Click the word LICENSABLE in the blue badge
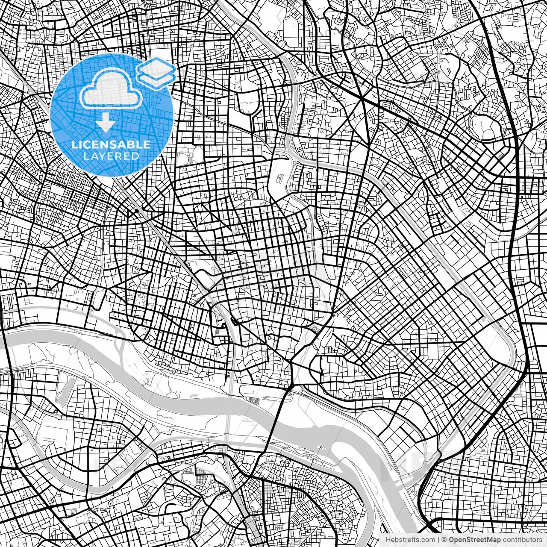(111, 144)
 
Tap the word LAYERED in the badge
(111, 156)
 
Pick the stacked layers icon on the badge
(156, 72)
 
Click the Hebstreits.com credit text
(410, 540)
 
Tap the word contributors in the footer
(522, 540)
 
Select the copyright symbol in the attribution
(444, 540)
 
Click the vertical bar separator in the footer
(438, 540)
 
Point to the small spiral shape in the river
(321, 448)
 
